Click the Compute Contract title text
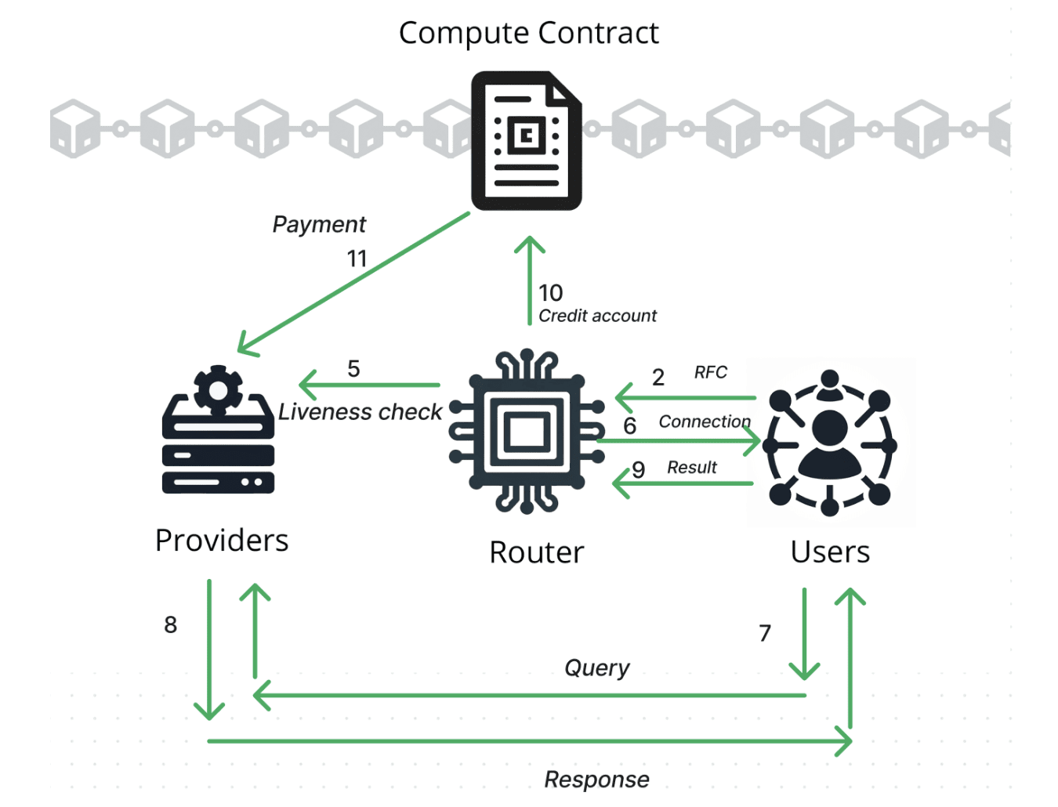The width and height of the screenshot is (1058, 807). click(x=528, y=33)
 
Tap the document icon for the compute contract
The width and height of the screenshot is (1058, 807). click(x=526, y=141)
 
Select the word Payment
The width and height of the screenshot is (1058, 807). click(x=319, y=225)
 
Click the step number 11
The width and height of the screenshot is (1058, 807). click(x=357, y=259)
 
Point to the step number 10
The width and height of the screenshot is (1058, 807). click(x=550, y=293)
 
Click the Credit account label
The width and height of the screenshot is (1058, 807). click(x=597, y=316)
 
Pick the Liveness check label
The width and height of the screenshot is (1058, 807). click(x=360, y=412)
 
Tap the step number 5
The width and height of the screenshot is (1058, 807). click(x=353, y=369)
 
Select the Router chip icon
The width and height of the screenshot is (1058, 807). click(x=527, y=432)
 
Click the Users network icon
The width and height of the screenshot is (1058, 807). click(x=830, y=443)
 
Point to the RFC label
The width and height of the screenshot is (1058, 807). click(x=711, y=372)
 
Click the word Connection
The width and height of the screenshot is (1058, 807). click(x=705, y=422)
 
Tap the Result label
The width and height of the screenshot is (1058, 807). click(x=692, y=468)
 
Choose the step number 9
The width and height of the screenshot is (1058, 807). click(x=639, y=470)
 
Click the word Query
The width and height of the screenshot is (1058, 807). click(x=597, y=668)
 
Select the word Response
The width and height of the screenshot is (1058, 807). click(x=597, y=780)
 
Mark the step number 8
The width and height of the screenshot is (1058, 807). click(x=171, y=624)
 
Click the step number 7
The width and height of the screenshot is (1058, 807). click(x=765, y=633)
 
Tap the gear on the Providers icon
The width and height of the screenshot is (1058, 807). click(x=218, y=389)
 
